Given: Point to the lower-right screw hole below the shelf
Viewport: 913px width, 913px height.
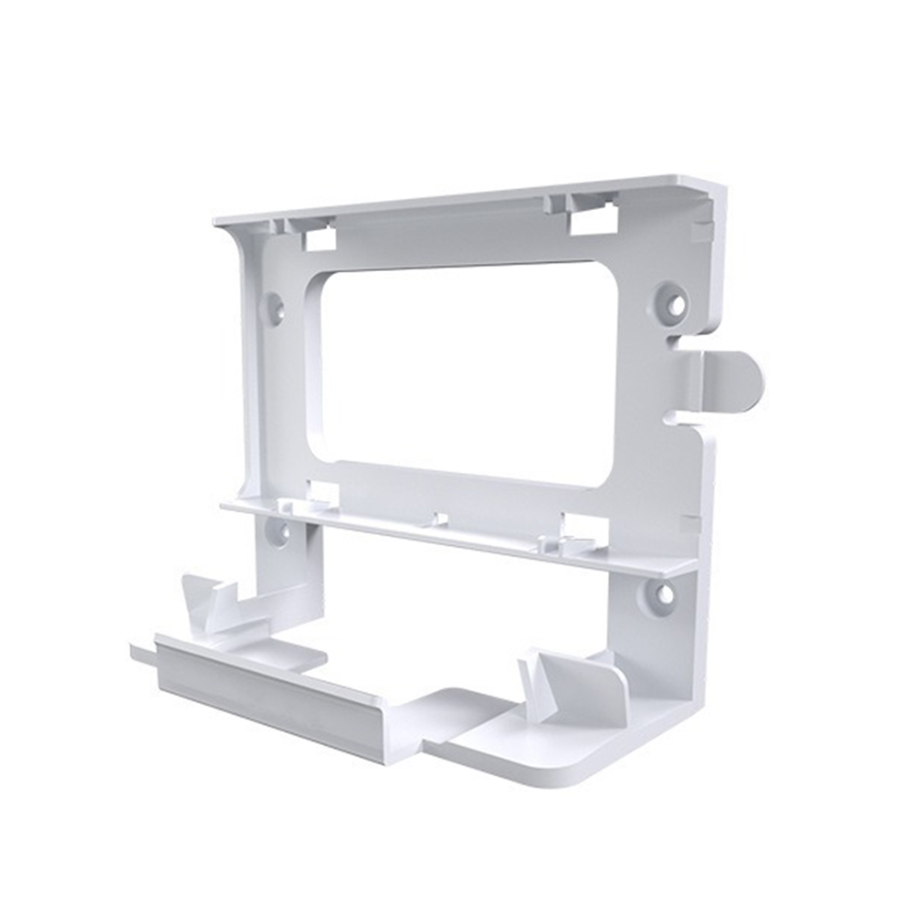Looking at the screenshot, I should tap(665, 594).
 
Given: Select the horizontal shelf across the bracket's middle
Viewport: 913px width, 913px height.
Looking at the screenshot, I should tap(456, 532).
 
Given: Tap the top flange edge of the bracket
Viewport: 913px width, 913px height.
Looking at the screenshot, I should tap(475, 197).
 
